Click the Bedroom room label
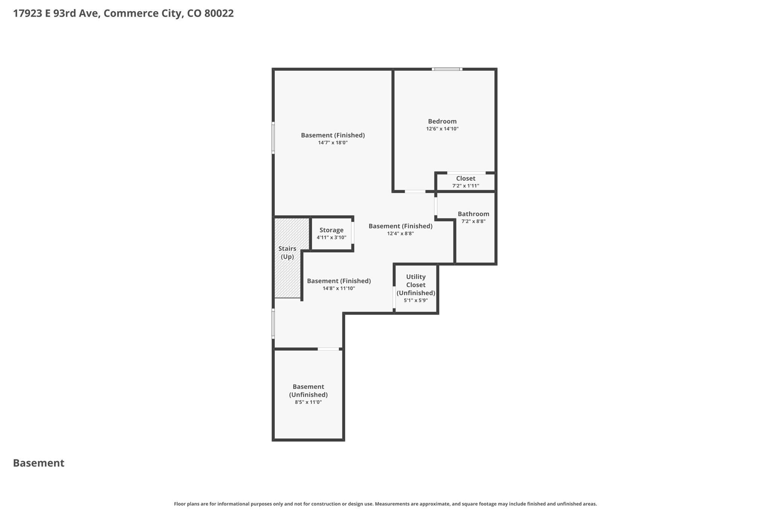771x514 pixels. click(x=442, y=121)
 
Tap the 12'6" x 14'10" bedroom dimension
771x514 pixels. click(x=442, y=129)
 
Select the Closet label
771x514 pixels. click(x=466, y=178)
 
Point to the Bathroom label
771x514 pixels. click(x=473, y=214)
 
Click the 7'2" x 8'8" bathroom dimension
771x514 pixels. click(x=473, y=221)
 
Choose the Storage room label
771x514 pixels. click(x=331, y=230)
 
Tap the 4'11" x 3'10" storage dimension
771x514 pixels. click(x=331, y=238)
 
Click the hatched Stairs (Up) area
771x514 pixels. click(x=287, y=258)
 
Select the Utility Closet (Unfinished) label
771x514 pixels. click(x=416, y=285)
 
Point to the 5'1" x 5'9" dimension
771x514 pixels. click(x=416, y=300)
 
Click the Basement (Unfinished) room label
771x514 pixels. click(x=308, y=390)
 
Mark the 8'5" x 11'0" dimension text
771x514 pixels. click(x=308, y=402)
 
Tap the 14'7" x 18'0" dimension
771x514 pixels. click(x=333, y=143)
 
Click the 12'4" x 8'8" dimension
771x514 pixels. click(x=401, y=233)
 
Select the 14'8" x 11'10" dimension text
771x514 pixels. click(x=339, y=288)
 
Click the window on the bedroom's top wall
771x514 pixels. click(x=447, y=69)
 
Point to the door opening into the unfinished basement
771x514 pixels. click(x=328, y=349)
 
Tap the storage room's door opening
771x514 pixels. click(x=353, y=233)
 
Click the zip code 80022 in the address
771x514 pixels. click(x=219, y=14)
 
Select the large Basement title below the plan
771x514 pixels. click(x=39, y=463)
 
